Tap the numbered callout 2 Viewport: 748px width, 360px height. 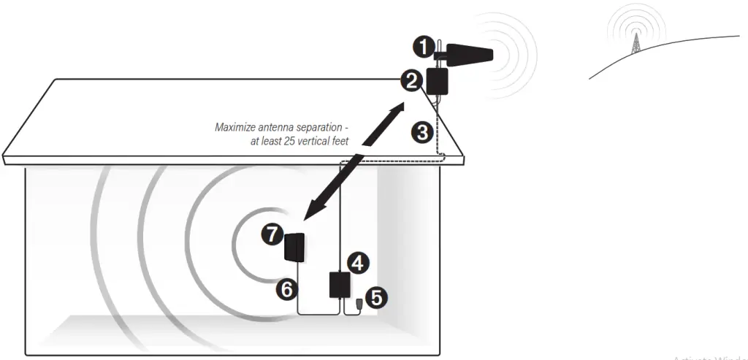(x=411, y=81)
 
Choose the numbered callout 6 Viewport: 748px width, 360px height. (x=286, y=289)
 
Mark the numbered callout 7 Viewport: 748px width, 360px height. (x=272, y=234)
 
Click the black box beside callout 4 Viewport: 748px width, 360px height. (x=338, y=284)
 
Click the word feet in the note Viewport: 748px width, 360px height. (x=337, y=140)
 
